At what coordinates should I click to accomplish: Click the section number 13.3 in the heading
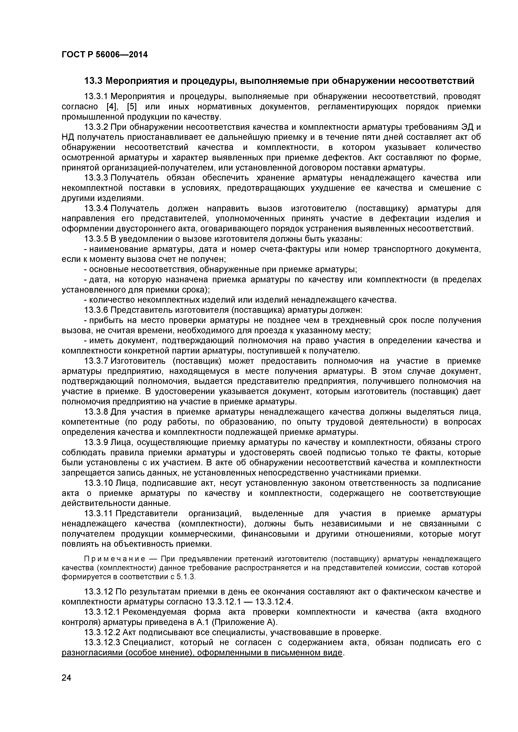click(93, 81)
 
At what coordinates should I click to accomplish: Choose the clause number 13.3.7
click(96, 361)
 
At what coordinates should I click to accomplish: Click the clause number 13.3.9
click(96, 443)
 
